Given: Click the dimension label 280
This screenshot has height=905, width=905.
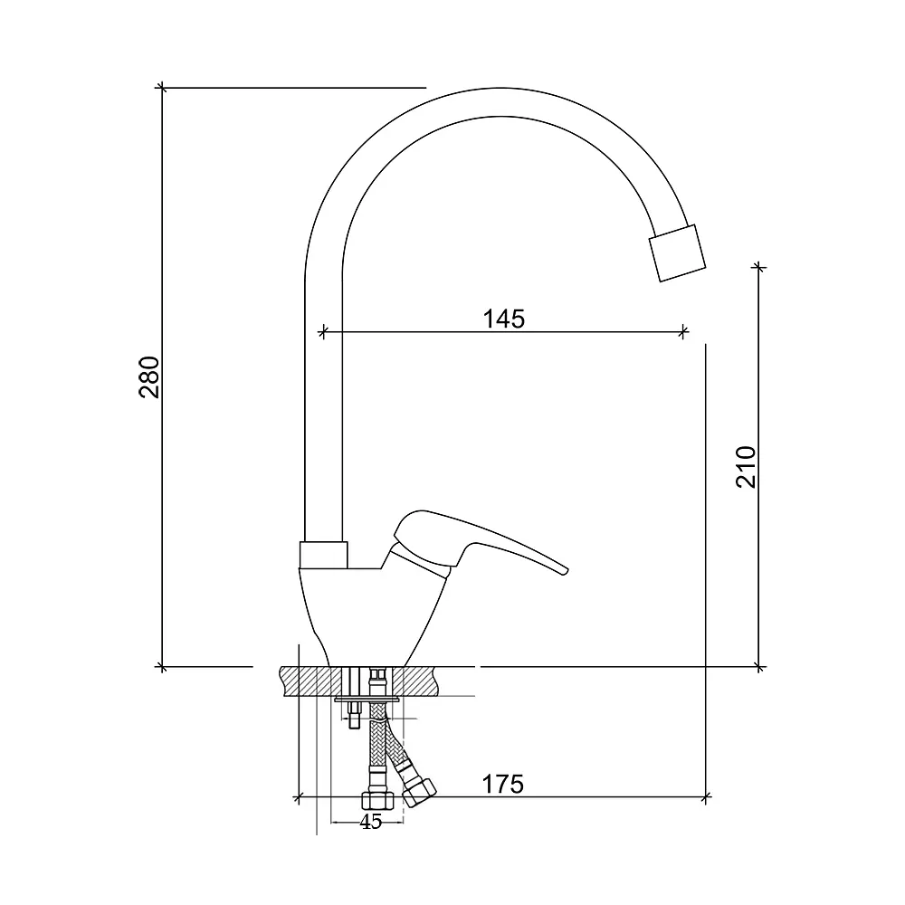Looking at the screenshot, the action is point(149,376).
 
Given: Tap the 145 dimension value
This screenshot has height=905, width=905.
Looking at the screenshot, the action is point(503,319).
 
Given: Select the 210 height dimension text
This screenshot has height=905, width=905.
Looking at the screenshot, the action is point(746,467).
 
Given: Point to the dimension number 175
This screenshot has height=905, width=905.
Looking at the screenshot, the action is point(502,785).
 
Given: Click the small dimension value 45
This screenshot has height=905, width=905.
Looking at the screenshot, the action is point(370,822).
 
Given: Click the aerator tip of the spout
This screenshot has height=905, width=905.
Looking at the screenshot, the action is point(677,252).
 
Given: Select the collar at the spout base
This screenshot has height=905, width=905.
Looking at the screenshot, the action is point(323,555).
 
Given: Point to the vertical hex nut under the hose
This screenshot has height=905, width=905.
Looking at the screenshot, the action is point(378,800).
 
